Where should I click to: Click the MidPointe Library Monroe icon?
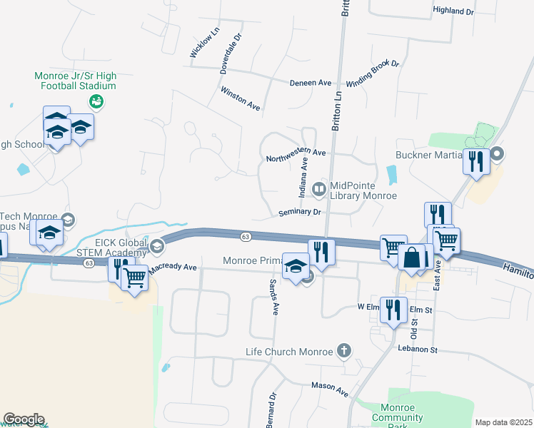319,189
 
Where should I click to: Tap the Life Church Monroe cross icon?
344,350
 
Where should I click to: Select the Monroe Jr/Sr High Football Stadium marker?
97,101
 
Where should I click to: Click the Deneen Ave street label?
311,83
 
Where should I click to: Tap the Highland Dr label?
453,11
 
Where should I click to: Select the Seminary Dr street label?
300,212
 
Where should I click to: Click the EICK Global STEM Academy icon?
157,247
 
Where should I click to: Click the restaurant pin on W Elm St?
393,309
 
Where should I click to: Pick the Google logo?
24,419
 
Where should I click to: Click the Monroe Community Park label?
398,417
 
